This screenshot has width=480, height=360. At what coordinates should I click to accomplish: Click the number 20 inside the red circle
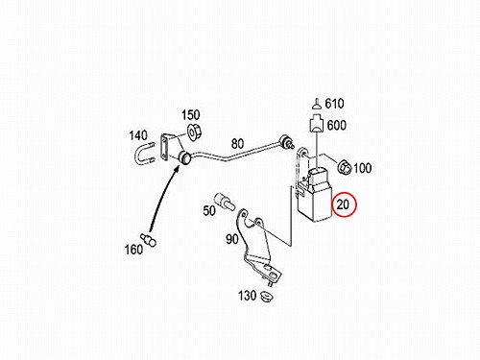[x=343, y=204]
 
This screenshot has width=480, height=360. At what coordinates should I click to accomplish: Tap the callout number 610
[x=334, y=104]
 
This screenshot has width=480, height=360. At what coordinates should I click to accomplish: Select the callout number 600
[x=337, y=125]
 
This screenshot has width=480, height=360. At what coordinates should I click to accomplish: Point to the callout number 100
[x=362, y=168]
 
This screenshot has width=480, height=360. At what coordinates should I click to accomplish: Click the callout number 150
[x=191, y=115]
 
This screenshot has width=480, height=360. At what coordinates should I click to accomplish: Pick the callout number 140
[x=138, y=135]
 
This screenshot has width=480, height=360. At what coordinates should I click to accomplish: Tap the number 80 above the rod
[x=237, y=144]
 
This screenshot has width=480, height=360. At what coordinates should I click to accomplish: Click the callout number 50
[x=209, y=210]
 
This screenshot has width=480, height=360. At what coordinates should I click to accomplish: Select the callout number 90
[x=232, y=239]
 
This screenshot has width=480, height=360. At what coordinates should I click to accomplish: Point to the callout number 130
[x=247, y=296]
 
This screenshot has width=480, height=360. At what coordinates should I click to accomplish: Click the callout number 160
[x=133, y=250]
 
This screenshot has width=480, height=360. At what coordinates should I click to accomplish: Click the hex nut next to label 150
[x=194, y=132]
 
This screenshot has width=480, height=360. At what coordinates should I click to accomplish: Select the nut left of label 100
[x=345, y=167]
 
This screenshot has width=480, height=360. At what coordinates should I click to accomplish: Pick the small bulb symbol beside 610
[x=317, y=105]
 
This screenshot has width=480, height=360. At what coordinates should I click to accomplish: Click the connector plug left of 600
[x=317, y=125]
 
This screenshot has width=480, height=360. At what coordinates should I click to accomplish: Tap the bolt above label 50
[x=225, y=201]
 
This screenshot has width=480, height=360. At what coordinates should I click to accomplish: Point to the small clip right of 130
[x=266, y=297]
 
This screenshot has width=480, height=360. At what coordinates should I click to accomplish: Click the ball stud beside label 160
[x=149, y=240]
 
